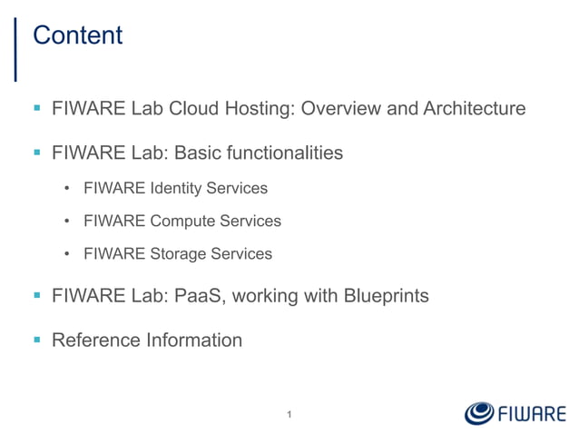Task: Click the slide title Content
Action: pyautogui.click(x=77, y=36)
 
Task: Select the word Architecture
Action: pyautogui.click(x=472, y=109)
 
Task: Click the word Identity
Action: pyautogui.click(x=178, y=189)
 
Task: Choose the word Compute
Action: pyautogui.click(x=184, y=221)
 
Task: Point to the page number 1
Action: pyautogui.click(x=288, y=416)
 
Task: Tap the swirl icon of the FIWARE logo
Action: pyautogui.click(x=478, y=414)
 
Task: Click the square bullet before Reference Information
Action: pyautogui.click(x=37, y=340)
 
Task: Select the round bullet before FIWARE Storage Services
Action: pyautogui.click(x=67, y=254)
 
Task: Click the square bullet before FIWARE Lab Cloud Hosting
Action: pyautogui.click(x=37, y=109)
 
